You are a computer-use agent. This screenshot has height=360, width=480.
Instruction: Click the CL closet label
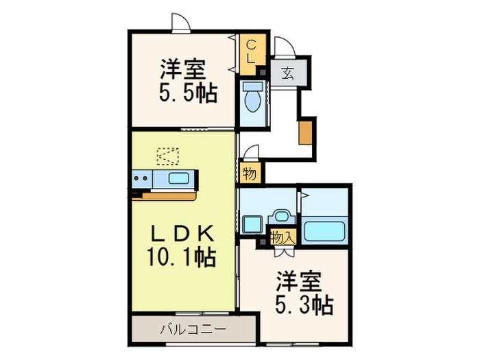tap(251, 52)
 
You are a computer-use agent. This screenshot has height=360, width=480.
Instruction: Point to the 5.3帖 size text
tap(305, 304)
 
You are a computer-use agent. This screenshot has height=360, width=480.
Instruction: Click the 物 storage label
tap(250, 174)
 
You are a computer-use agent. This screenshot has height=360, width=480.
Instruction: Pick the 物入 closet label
tap(282, 239)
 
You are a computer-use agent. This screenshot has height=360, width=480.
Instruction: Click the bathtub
tap(324, 230)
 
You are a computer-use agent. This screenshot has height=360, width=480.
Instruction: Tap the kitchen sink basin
tap(180, 180)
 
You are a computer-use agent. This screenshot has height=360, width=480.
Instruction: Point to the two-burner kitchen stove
tap(141, 180)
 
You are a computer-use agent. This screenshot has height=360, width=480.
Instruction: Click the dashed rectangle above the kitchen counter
tap(167, 156)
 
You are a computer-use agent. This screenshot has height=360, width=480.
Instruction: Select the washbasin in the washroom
tap(280, 216)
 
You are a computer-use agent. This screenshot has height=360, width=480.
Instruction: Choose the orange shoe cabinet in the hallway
tap(304, 132)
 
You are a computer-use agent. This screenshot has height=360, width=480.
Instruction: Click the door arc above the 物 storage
tap(251, 152)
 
